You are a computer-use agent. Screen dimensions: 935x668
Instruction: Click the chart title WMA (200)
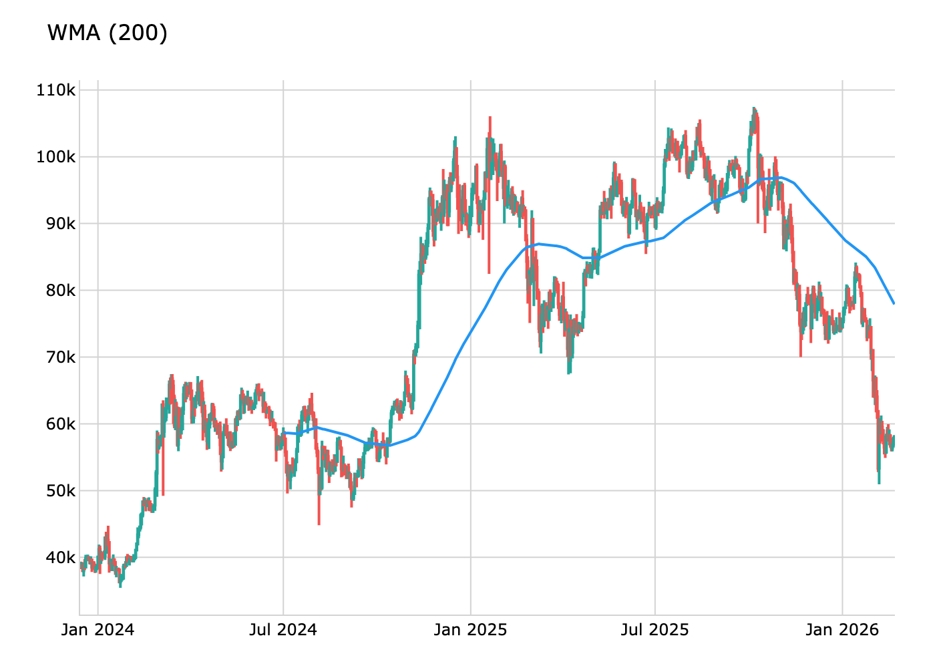tap(108, 33)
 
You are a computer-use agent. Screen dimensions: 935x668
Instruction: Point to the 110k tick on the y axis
tap(56, 90)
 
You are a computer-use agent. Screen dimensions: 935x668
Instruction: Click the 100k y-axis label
tap(56, 157)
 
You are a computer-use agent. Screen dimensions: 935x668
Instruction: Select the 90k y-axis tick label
tap(61, 224)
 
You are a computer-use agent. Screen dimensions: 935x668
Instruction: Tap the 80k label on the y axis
tap(61, 291)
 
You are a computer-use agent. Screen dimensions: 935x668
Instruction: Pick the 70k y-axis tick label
tap(61, 357)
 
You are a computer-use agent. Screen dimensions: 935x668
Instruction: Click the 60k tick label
tap(61, 424)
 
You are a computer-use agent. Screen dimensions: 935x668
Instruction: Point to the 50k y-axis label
tap(61, 491)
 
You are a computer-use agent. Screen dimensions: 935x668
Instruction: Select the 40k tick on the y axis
tap(61, 557)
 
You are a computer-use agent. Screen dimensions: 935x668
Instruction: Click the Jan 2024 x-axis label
tap(98, 630)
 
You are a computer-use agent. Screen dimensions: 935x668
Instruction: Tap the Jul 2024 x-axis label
tap(283, 630)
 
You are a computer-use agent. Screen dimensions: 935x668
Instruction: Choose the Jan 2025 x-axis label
tap(470, 630)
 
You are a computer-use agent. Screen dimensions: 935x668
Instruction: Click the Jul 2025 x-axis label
tap(654, 630)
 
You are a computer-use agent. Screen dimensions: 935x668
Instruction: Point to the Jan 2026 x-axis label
tap(842, 630)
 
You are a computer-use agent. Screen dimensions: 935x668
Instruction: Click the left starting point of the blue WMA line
tap(283, 433)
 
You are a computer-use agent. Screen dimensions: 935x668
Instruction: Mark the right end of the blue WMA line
tap(894, 303)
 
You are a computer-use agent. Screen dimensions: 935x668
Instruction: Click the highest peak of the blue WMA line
tap(780, 178)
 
